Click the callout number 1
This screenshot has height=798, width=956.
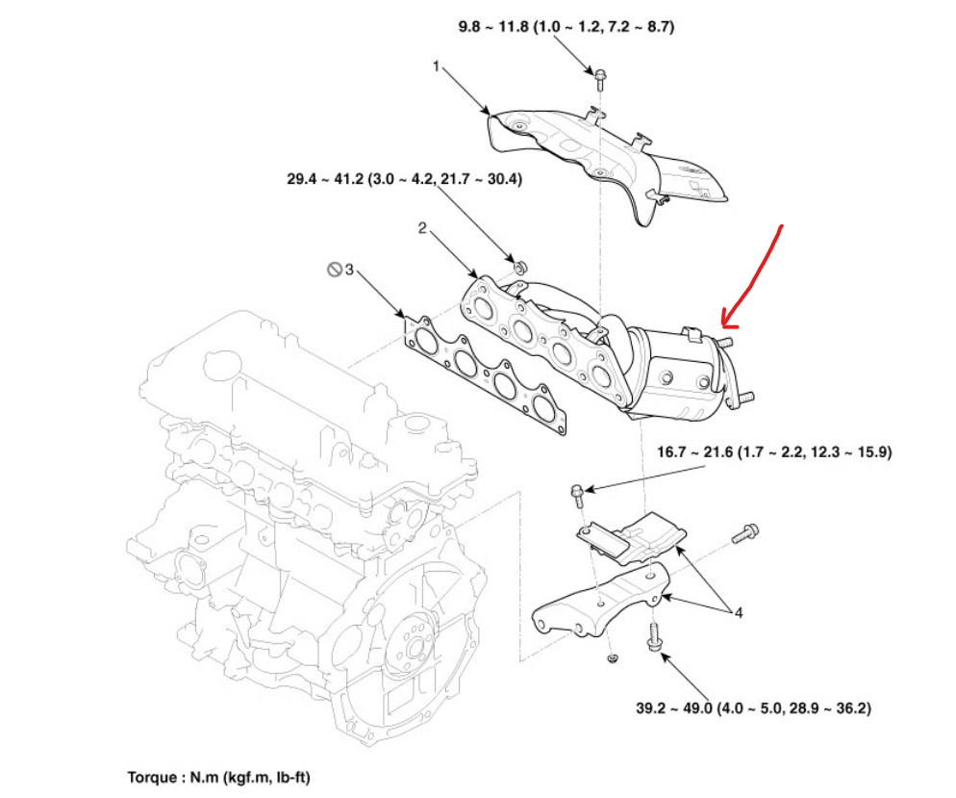click(x=436, y=66)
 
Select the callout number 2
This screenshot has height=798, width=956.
click(x=421, y=228)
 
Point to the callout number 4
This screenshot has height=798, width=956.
click(x=739, y=611)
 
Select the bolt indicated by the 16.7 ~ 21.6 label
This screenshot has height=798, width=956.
click(x=577, y=495)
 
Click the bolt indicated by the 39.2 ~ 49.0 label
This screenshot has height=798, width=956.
click(x=653, y=634)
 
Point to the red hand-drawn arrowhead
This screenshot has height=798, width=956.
click(x=723, y=319)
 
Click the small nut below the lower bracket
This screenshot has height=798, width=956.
click(x=612, y=657)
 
